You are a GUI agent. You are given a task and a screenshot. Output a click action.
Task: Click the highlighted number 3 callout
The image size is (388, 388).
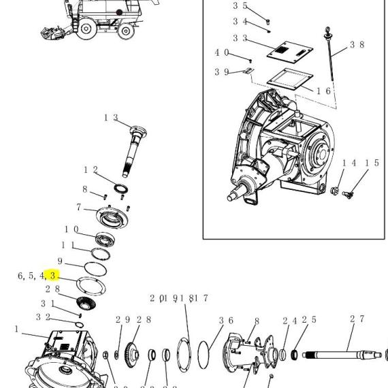52,276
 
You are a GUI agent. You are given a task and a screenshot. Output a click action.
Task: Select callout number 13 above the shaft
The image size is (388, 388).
111,118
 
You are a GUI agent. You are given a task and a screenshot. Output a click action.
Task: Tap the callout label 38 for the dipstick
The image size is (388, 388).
357,44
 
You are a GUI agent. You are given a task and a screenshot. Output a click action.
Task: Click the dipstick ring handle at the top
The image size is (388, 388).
327,30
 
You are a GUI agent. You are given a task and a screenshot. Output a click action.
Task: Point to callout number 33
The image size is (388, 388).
240,38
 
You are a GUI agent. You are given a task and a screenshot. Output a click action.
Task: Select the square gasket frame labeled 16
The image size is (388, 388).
290,80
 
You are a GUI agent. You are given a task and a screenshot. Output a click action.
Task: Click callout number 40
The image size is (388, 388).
222,52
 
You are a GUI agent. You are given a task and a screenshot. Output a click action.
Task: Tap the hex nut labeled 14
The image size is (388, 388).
335,191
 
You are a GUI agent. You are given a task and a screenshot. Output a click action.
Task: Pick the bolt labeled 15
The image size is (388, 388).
348,195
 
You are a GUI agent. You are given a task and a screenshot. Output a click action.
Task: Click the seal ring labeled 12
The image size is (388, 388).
120,189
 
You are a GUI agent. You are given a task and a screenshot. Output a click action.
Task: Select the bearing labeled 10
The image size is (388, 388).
105,240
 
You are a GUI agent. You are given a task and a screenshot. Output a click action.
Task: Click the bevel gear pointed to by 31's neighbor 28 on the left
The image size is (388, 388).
86,303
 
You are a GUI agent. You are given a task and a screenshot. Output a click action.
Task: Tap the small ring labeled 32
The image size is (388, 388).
80,325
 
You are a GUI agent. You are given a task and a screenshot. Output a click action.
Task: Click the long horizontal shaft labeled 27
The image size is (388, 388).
342,355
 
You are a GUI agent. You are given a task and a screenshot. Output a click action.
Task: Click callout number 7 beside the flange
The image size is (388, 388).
79,207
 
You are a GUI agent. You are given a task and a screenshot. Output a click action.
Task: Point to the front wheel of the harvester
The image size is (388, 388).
86,29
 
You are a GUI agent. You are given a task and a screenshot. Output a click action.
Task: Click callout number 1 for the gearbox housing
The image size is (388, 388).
16,329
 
